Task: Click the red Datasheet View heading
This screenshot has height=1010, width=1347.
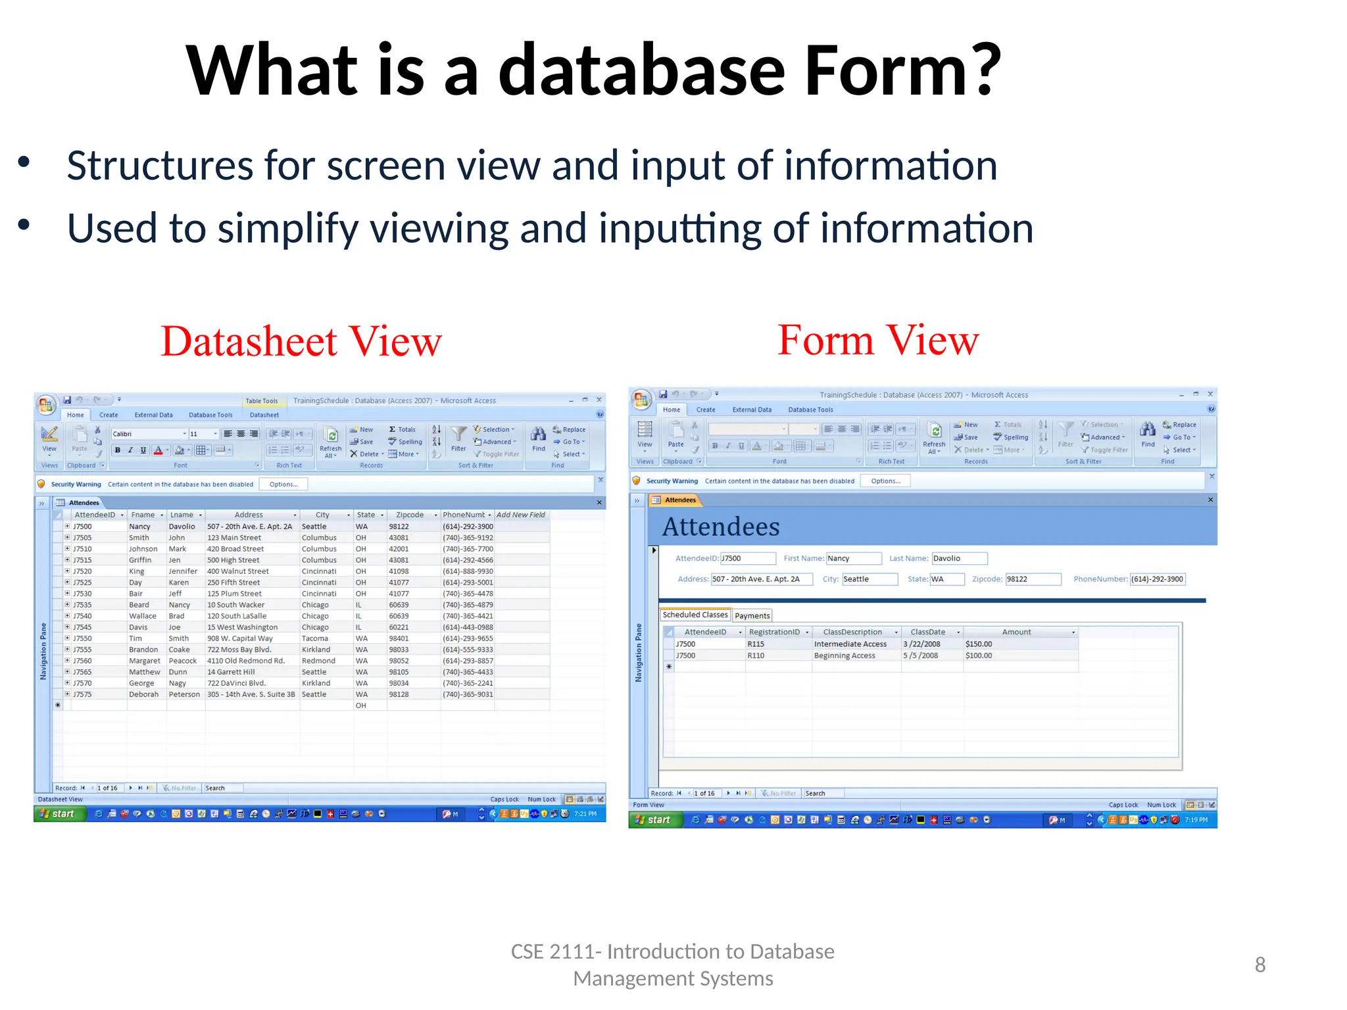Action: pos(301,341)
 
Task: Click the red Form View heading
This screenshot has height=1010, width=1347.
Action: pos(878,340)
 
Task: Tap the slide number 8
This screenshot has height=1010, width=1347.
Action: pos(1260,965)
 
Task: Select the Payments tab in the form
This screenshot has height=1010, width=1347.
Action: pos(752,615)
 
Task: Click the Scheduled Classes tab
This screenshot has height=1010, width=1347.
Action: pos(695,615)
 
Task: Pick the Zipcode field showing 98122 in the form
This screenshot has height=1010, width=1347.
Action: pos(1033,579)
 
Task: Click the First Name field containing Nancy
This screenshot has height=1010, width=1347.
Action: pos(853,558)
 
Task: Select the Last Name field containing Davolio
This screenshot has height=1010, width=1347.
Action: pos(959,558)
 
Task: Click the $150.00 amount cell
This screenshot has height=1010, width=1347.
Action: pos(979,644)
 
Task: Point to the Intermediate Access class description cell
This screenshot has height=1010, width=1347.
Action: pos(850,644)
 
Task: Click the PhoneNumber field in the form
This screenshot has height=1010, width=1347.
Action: pos(1157,579)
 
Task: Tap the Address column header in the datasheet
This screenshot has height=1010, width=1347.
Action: pos(249,515)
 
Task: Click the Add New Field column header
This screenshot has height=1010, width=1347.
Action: pos(520,515)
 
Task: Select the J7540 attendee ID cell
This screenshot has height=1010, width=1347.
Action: pos(83,616)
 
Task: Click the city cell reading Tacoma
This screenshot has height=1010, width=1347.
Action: pos(315,638)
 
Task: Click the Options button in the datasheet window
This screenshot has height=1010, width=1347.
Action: pos(283,485)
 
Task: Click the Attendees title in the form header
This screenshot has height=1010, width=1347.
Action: pos(721,527)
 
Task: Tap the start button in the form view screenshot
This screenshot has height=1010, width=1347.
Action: pos(654,820)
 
